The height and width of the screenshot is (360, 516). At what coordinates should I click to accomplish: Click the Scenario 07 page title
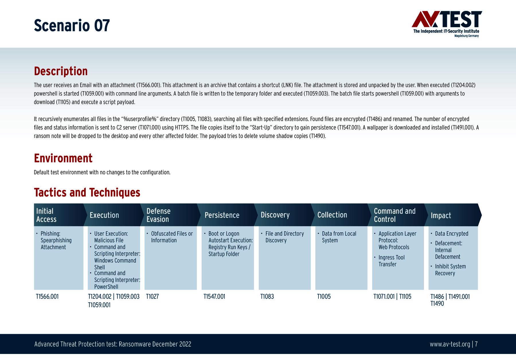(72, 25)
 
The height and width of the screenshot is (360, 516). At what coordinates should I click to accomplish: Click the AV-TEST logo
(447, 24)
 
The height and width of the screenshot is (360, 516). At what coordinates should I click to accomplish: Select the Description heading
(61, 71)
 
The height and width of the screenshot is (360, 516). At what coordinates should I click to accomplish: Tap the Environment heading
(63, 158)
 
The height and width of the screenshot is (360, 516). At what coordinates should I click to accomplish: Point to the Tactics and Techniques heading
(87, 192)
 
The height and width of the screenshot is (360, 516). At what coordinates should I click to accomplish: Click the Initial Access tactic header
(46, 215)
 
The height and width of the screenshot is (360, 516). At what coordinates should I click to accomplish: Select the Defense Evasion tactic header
(159, 215)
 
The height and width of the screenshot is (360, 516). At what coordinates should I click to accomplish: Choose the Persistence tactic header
(222, 215)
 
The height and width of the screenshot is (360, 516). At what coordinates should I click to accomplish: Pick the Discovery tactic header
(275, 215)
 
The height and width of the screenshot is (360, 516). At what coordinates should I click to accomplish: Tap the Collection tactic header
(332, 215)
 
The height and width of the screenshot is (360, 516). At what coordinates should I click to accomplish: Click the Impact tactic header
(441, 215)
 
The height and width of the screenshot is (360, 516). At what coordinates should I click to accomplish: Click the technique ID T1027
(153, 297)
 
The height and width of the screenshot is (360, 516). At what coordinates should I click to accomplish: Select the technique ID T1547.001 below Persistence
(214, 297)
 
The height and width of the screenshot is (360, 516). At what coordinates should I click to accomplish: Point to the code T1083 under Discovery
(267, 297)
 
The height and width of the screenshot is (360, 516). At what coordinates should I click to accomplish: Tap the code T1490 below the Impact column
(437, 303)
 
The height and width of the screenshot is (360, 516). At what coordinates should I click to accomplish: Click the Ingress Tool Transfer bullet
(392, 261)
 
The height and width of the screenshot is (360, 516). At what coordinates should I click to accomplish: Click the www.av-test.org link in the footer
(450, 344)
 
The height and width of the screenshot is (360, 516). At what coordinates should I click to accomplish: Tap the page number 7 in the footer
(476, 344)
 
